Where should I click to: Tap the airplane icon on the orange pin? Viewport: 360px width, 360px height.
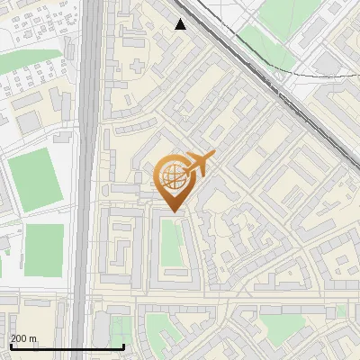point(200,163)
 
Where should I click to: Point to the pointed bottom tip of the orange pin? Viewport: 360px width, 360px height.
point(173,211)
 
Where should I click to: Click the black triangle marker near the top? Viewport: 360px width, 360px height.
point(181,24)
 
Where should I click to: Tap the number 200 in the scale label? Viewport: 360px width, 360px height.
point(19,338)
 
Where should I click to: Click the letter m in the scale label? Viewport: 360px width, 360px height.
point(35,338)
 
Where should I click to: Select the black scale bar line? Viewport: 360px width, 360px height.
point(67,346)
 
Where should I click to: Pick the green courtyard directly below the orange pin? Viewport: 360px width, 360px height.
point(171,243)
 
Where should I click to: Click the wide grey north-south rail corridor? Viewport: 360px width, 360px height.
point(85,180)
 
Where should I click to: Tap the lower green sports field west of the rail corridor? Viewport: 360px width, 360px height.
point(44,250)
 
